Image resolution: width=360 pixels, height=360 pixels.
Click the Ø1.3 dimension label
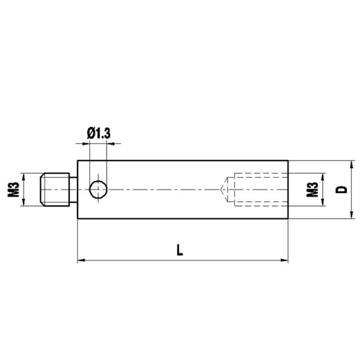[99, 134]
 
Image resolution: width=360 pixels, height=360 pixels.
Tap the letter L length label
[180, 250]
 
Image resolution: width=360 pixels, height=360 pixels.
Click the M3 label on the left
[13, 190]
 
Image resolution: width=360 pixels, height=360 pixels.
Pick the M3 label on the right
[313, 190]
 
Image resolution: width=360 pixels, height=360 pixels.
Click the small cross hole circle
[98, 190]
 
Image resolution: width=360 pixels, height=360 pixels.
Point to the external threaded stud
[55, 190]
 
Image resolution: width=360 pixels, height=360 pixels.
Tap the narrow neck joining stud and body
[74, 190]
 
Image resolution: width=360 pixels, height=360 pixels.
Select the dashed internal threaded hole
[261, 190]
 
